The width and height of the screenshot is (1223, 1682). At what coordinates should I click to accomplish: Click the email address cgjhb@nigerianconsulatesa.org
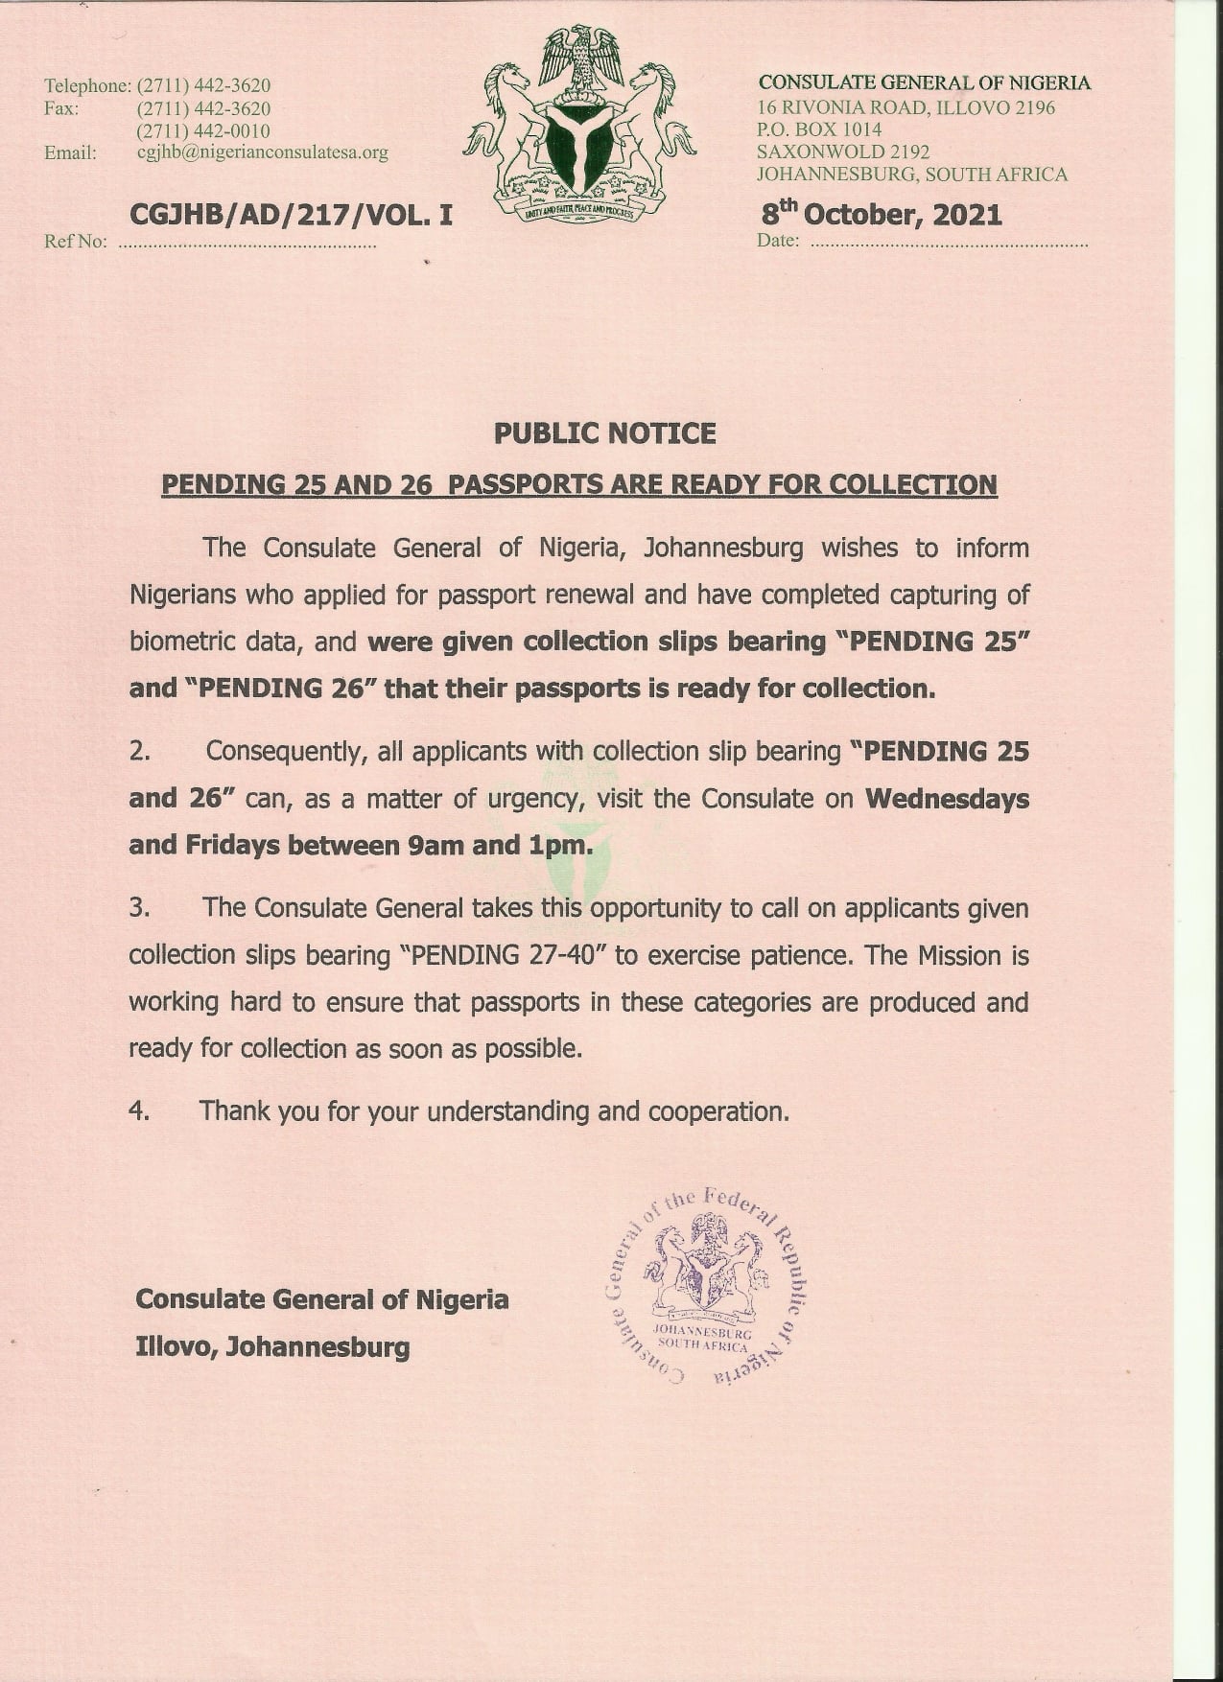[262, 152]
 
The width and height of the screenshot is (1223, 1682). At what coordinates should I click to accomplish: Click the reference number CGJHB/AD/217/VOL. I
[290, 215]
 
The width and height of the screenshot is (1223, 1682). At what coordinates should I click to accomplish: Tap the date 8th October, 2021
[880, 214]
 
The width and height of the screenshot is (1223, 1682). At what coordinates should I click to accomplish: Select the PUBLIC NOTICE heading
[604, 433]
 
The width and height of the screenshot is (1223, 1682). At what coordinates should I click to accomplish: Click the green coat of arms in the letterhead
[579, 125]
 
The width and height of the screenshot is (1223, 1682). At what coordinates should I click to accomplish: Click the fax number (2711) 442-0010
[203, 130]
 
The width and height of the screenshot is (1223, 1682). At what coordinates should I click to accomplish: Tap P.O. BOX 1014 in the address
[819, 129]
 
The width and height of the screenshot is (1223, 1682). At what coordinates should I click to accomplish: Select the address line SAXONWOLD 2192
[842, 152]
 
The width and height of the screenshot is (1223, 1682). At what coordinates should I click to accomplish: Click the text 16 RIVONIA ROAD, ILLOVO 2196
[905, 107]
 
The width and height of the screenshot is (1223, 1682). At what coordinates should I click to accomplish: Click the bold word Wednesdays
[947, 799]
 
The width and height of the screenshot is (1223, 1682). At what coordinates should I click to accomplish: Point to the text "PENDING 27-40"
[501, 955]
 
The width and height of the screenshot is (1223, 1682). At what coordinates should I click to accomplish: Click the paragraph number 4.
[139, 1111]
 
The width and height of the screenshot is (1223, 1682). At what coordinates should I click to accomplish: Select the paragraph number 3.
[139, 907]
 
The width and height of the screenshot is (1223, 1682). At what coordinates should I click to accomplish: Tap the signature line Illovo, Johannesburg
[272, 1346]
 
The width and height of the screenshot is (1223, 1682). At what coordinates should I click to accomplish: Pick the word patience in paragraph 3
[809, 955]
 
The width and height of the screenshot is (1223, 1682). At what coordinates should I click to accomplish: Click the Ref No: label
[75, 242]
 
